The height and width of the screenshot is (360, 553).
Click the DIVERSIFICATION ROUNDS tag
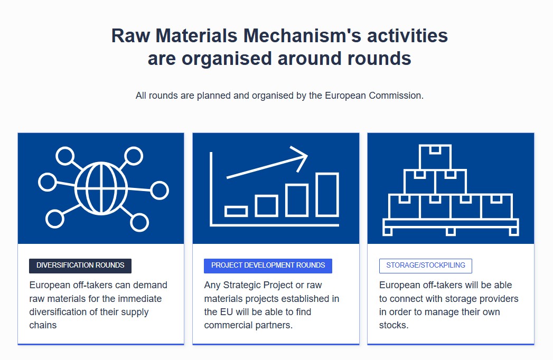click(x=80, y=266)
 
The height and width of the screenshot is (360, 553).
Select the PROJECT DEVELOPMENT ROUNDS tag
click(x=268, y=266)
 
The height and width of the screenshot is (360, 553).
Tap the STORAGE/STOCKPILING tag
click(x=426, y=266)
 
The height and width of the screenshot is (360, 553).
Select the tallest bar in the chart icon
click(x=327, y=194)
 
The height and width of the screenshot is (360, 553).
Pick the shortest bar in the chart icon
click(x=236, y=212)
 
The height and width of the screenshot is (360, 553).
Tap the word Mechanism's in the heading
click(x=302, y=35)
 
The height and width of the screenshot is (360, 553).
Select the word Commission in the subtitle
click(x=396, y=96)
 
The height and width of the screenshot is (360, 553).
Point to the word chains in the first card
click(x=43, y=325)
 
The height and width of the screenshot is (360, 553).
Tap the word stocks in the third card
click(x=393, y=325)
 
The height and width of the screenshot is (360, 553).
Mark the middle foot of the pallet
click(x=451, y=232)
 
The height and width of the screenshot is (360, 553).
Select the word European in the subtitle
click(x=345, y=96)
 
